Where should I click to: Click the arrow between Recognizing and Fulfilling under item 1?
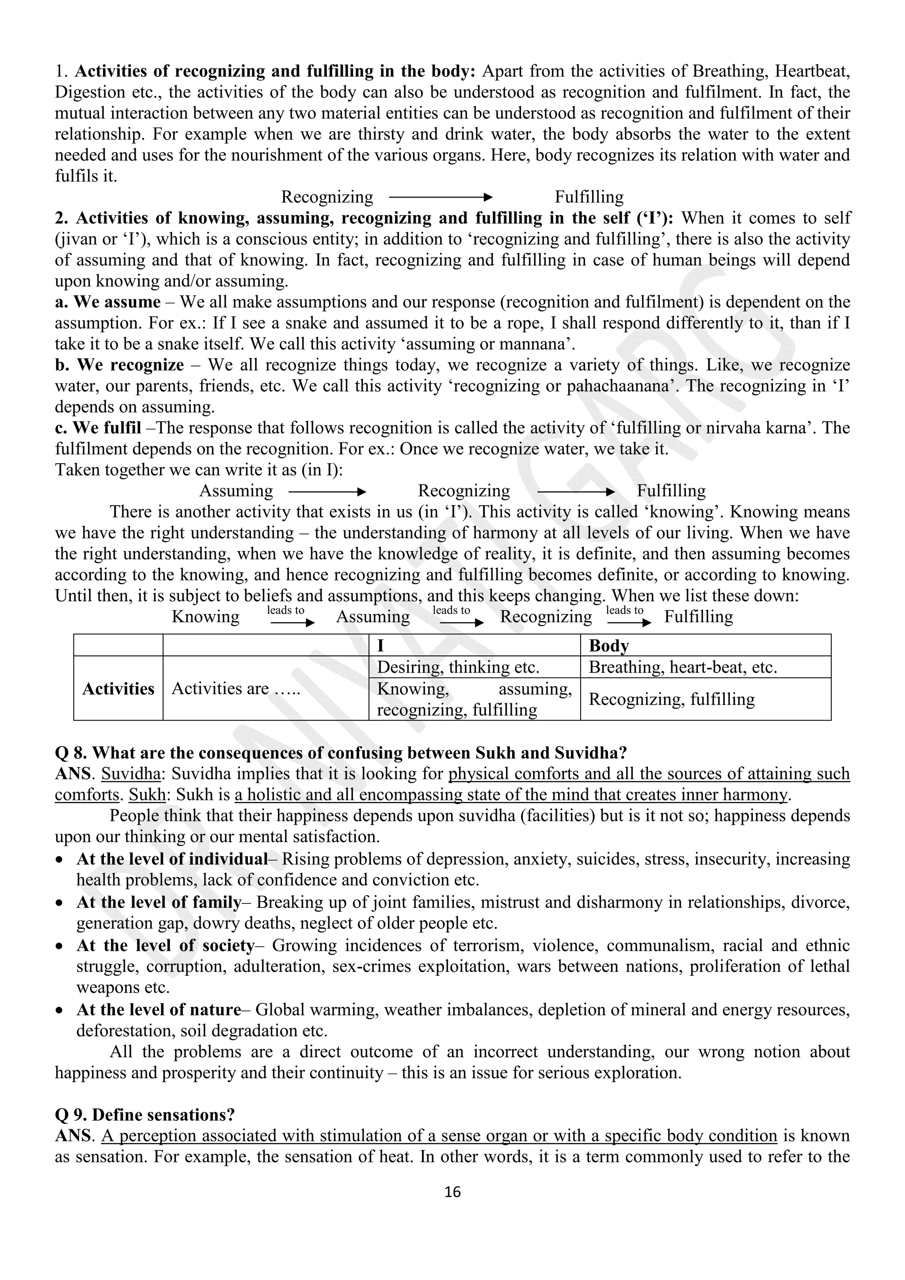click(x=440, y=197)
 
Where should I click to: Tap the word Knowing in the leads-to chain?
click(x=205, y=617)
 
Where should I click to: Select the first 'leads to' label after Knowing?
click(x=285, y=610)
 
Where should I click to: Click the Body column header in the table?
click(x=608, y=646)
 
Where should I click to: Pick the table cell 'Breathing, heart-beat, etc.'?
click(x=682, y=667)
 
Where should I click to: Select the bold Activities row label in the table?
click(x=118, y=689)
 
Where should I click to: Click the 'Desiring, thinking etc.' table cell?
click(x=458, y=667)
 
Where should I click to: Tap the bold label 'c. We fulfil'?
click(x=98, y=427)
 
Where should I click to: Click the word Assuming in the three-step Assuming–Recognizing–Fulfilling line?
click(x=236, y=491)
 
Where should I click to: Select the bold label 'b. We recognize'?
click(x=119, y=365)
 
